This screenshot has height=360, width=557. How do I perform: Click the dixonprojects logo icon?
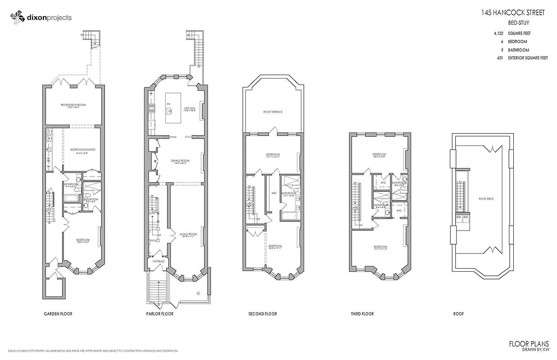17,18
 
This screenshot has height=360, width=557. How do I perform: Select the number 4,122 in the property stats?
498,33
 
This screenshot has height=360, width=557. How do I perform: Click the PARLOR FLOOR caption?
160,314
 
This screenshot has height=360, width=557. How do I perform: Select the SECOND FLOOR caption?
263,314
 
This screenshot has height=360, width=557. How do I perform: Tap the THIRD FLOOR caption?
362,314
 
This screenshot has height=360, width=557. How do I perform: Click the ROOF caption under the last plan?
458,314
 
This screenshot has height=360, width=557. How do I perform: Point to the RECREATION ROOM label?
73,105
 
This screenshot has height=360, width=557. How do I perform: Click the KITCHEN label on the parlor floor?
189,109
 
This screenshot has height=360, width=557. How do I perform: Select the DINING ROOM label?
180,161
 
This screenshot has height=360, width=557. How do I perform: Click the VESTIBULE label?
158,261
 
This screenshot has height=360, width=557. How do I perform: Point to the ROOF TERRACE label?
273,112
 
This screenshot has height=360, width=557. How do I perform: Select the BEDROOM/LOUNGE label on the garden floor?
83,149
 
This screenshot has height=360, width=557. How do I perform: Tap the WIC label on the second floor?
273,194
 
